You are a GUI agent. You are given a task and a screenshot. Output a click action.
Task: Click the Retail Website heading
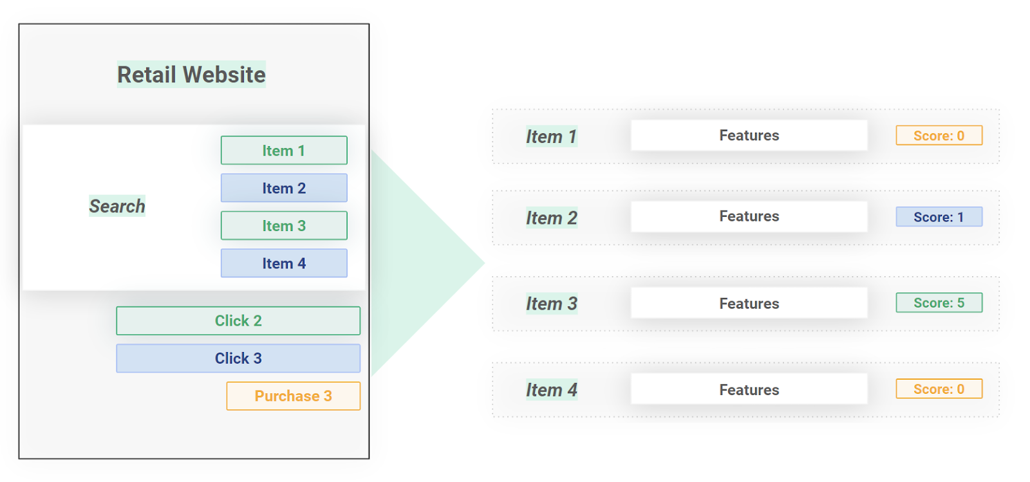point(191,75)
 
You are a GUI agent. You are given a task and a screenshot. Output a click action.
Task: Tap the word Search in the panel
point(117,206)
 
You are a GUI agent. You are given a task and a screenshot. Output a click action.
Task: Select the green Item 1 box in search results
point(284,151)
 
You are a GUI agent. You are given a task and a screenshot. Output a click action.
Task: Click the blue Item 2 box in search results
point(284,188)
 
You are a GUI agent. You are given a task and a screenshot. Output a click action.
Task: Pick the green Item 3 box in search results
point(284,226)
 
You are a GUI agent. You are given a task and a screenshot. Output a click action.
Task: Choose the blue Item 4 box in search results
point(284,263)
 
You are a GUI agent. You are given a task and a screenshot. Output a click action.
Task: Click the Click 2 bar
point(238,320)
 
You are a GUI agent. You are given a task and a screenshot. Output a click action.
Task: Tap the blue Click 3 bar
point(238,358)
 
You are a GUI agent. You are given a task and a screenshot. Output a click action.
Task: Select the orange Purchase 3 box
point(293,396)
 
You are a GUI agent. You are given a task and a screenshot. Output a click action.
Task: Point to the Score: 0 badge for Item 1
point(939,136)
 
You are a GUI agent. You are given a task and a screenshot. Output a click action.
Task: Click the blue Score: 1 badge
point(939,217)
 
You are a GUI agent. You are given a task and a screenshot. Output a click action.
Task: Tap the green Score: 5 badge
point(939,303)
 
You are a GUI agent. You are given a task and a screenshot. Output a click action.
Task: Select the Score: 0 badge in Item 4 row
point(939,389)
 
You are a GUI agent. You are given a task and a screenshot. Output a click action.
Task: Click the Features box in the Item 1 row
point(749,135)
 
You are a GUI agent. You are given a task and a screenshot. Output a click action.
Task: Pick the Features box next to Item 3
point(749,303)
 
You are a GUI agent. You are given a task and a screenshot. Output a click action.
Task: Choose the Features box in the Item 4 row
point(749,389)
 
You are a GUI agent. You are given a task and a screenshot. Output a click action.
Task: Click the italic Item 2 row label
point(552,218)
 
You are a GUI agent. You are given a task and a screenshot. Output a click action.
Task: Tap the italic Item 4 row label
point(552,390)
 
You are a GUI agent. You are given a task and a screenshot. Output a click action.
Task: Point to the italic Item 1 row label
point(552,136)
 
